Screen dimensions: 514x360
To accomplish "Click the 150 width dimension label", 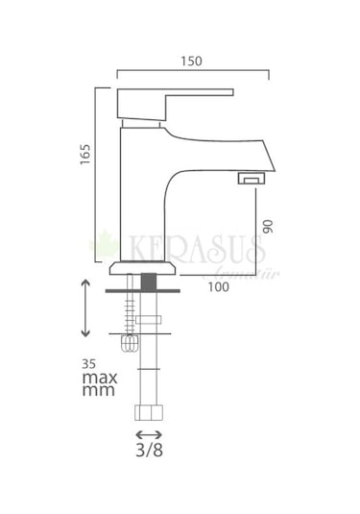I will (x=192, y=61).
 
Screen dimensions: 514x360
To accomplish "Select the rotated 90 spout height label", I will (x=270, y=229).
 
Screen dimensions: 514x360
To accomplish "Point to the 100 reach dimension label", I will (x=216, y=285).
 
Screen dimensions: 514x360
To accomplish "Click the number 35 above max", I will (x=89, y=364).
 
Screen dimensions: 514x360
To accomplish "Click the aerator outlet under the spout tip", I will (x=252, y=179).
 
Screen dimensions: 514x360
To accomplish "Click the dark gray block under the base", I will (x=148, y=281).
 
